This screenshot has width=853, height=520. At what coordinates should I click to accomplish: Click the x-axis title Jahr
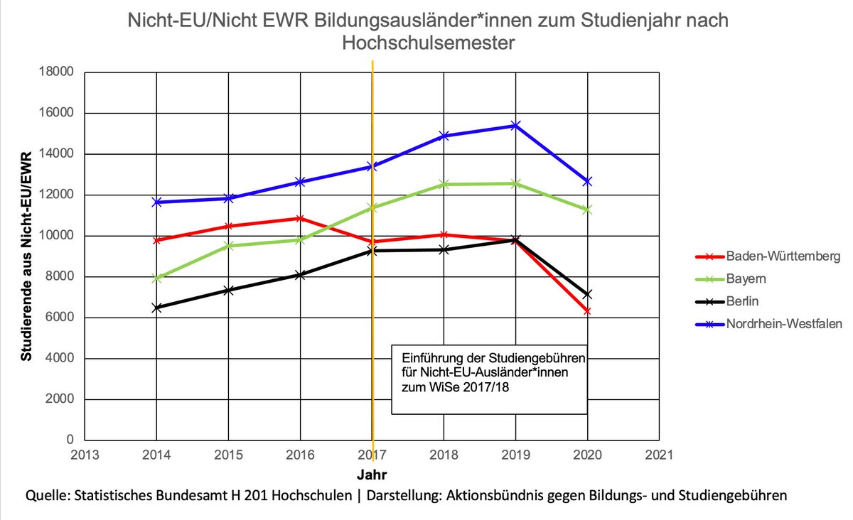(x=372, y=472)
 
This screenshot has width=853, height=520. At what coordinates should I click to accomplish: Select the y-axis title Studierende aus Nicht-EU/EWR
(x=26, y=256)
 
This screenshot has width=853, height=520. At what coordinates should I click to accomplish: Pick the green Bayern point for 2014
(x=156, y=278)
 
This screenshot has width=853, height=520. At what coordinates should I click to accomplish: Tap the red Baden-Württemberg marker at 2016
(x=300, y=218)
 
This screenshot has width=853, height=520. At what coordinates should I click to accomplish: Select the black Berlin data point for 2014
(x=156, y=308)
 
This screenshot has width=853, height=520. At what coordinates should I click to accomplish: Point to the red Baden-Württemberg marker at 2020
(x=587, y=310)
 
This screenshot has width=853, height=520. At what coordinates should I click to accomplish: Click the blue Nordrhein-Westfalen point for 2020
(x=587, y=182)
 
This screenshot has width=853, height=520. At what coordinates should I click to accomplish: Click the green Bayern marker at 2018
(x=444, y=184)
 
